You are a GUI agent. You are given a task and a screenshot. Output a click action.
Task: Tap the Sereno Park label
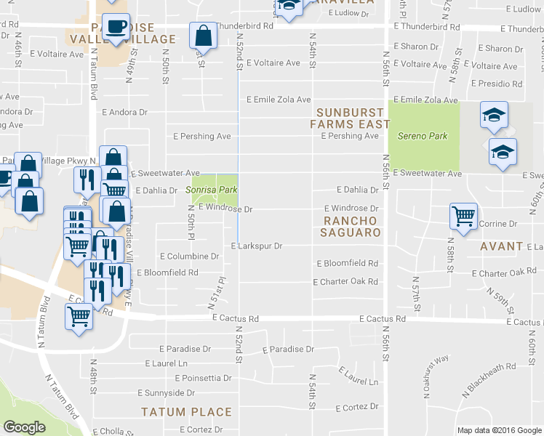422,136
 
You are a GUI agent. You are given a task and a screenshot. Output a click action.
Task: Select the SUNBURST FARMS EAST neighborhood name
348,118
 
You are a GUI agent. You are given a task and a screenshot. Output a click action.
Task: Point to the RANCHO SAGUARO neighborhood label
352,226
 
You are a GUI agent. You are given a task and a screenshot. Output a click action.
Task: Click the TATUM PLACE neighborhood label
186,412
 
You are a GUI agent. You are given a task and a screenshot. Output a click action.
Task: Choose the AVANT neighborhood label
501,246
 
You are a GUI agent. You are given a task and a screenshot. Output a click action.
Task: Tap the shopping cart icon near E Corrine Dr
463,216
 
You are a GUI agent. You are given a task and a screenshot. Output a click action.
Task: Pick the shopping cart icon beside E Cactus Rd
79,316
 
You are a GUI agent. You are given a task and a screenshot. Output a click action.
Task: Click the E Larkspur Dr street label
256,246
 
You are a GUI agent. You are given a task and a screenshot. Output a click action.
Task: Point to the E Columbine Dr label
189,257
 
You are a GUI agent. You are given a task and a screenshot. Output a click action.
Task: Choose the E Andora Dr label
124,113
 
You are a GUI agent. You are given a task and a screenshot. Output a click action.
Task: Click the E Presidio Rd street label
497,84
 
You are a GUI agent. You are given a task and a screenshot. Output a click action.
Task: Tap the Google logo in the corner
25,427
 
